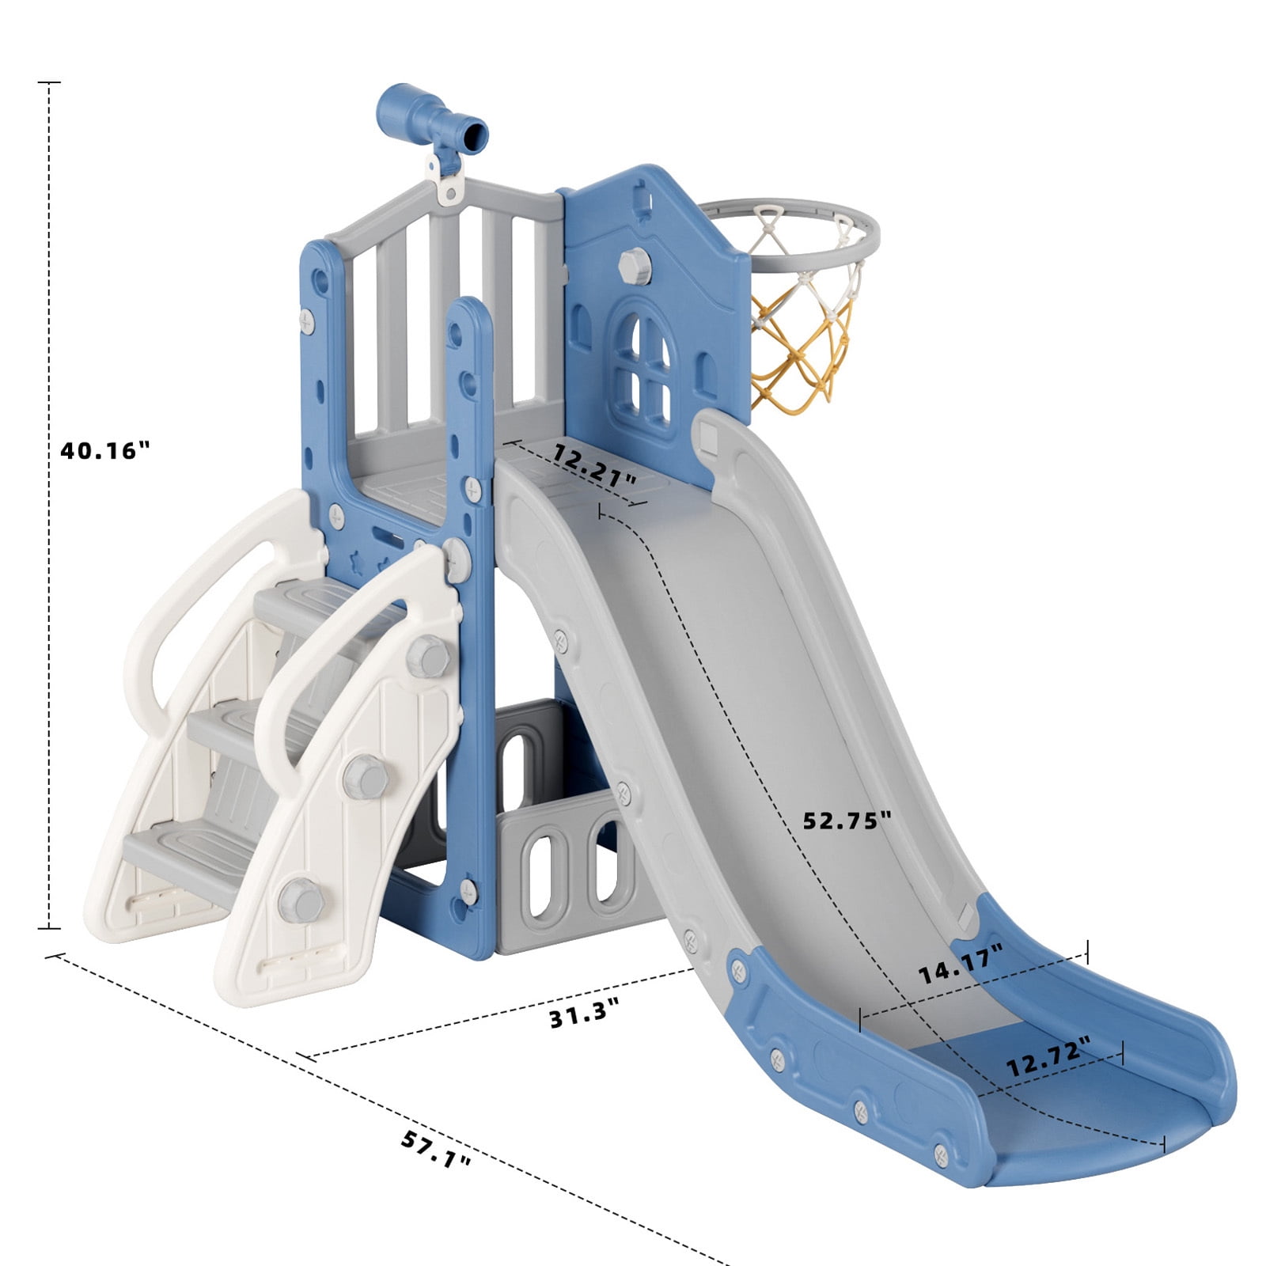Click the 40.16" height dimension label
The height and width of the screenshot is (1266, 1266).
pyautogui.click(x=104, y=450)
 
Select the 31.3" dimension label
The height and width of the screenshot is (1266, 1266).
pyautogui.click(x=584, y=1014)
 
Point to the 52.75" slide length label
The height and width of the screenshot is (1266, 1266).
pyautogui.click(x=847, y=821)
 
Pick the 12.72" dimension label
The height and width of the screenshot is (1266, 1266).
pyautogui.click(x=1048, y=1057)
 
